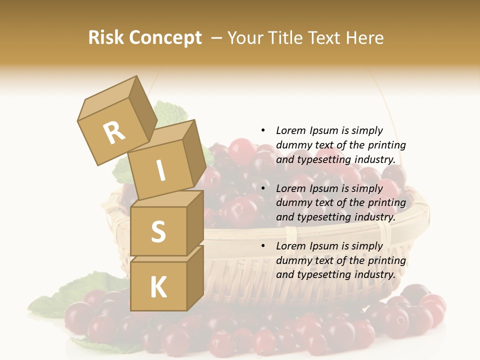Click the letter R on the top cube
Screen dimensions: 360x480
114,132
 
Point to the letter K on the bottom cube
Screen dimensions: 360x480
158,287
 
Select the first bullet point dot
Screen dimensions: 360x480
263,130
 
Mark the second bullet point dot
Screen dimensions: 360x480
263,188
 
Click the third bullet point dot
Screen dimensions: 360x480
263,246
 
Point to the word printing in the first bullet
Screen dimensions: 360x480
386,145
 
